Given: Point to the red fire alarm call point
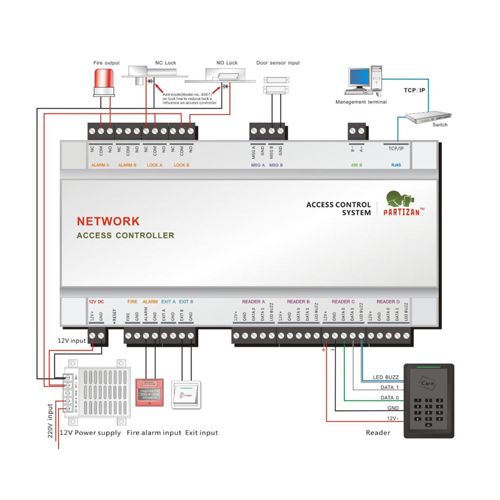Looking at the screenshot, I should (x=149, y=393).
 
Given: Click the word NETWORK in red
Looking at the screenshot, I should (x=108, y=221).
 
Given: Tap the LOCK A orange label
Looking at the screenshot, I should (x=154, y=164).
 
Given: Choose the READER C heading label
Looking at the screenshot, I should (x=343, y=301).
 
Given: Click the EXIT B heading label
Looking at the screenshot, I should (x=186, y=301).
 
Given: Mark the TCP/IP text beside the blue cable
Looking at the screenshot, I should (x=414, y=90).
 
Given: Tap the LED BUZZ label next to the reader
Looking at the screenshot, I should (x=385, y=377).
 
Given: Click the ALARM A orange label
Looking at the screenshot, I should (x=100, y=164).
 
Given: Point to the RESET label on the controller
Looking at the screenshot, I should (x=114, y=315).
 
